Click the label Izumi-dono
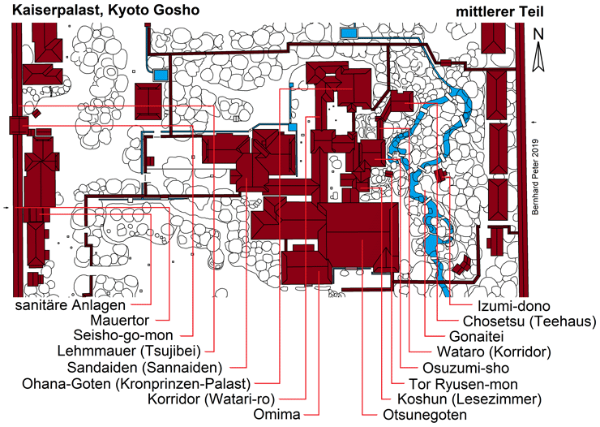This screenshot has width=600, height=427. [514, 307]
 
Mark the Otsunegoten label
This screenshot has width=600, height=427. [425, 415]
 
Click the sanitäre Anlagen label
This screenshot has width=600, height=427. [71, 306]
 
